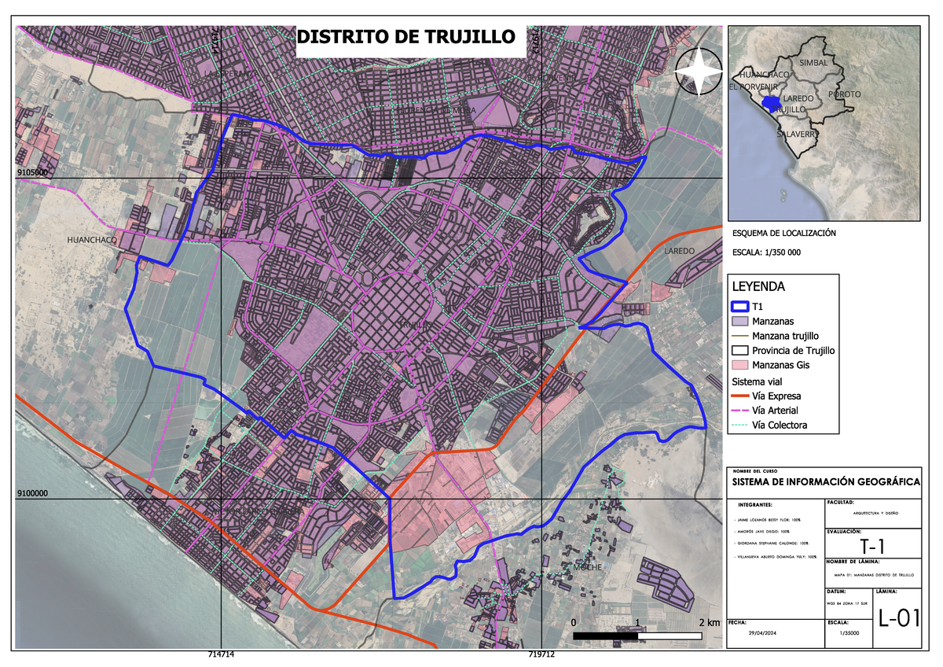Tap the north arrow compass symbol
click(699, 72)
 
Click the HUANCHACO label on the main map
click(92, 239)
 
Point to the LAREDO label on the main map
click(679, 251)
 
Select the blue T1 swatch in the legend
click(741, 308)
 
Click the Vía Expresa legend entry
click(776, 396)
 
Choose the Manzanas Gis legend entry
click(781, 365)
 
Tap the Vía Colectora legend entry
click(780, 426)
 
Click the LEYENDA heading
click(758, 286)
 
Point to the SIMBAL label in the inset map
click(813, 61)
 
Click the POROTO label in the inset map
click(844, 94)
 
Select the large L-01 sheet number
click(898, 618)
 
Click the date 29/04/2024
click(763, 634)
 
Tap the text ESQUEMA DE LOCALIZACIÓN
click(783, 234)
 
